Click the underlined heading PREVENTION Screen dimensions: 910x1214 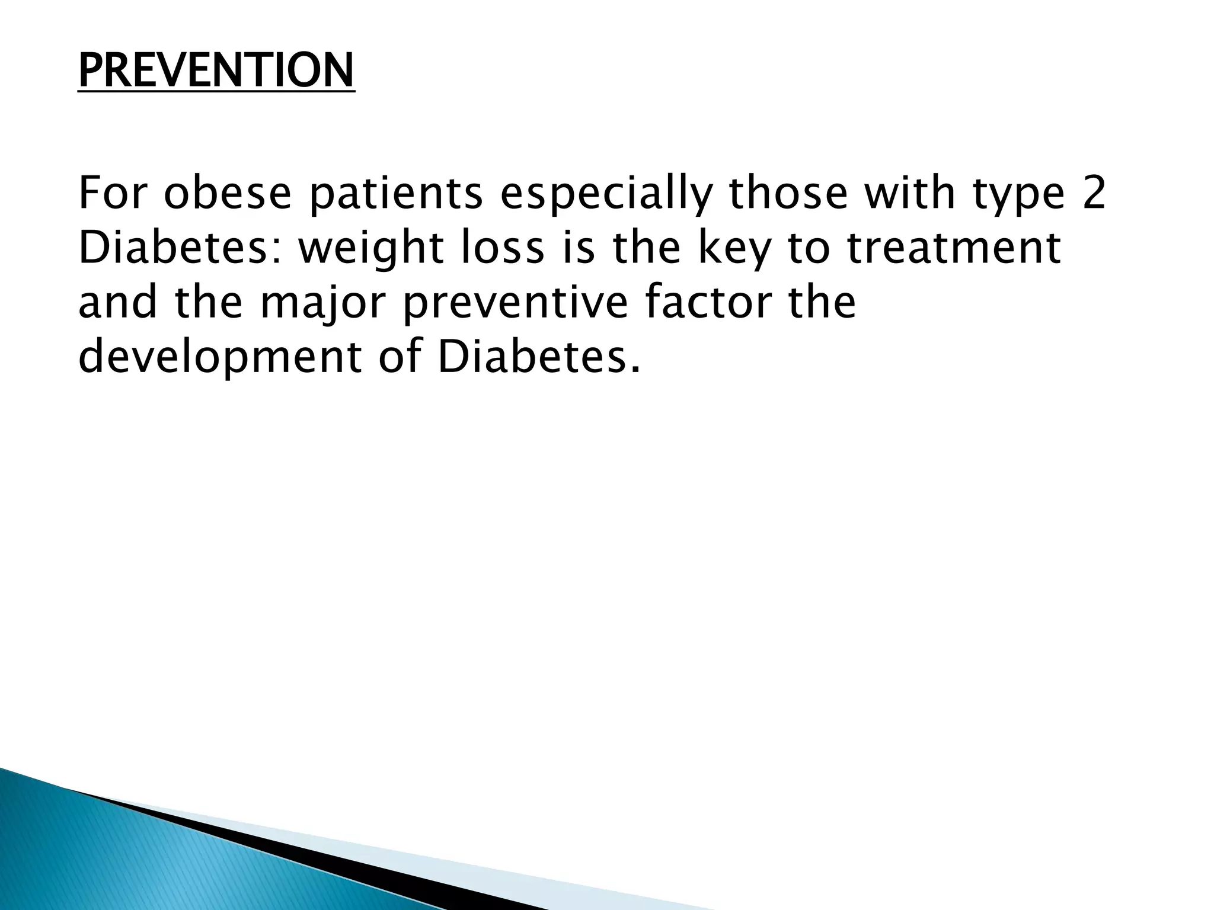pos(216,71)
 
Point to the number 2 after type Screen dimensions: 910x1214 pos(1093,194)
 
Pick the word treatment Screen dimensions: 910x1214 pos(954,249)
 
